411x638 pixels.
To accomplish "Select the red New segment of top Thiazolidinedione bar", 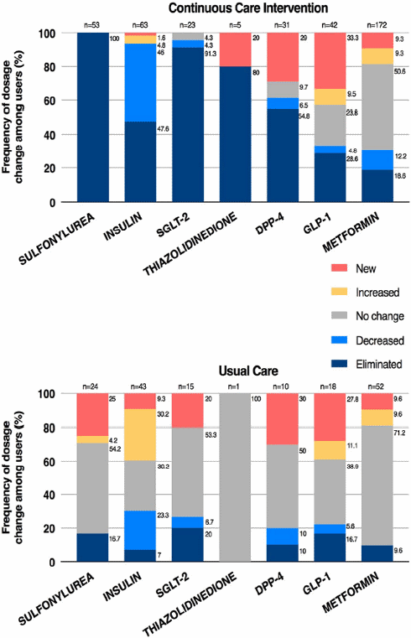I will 237,49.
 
